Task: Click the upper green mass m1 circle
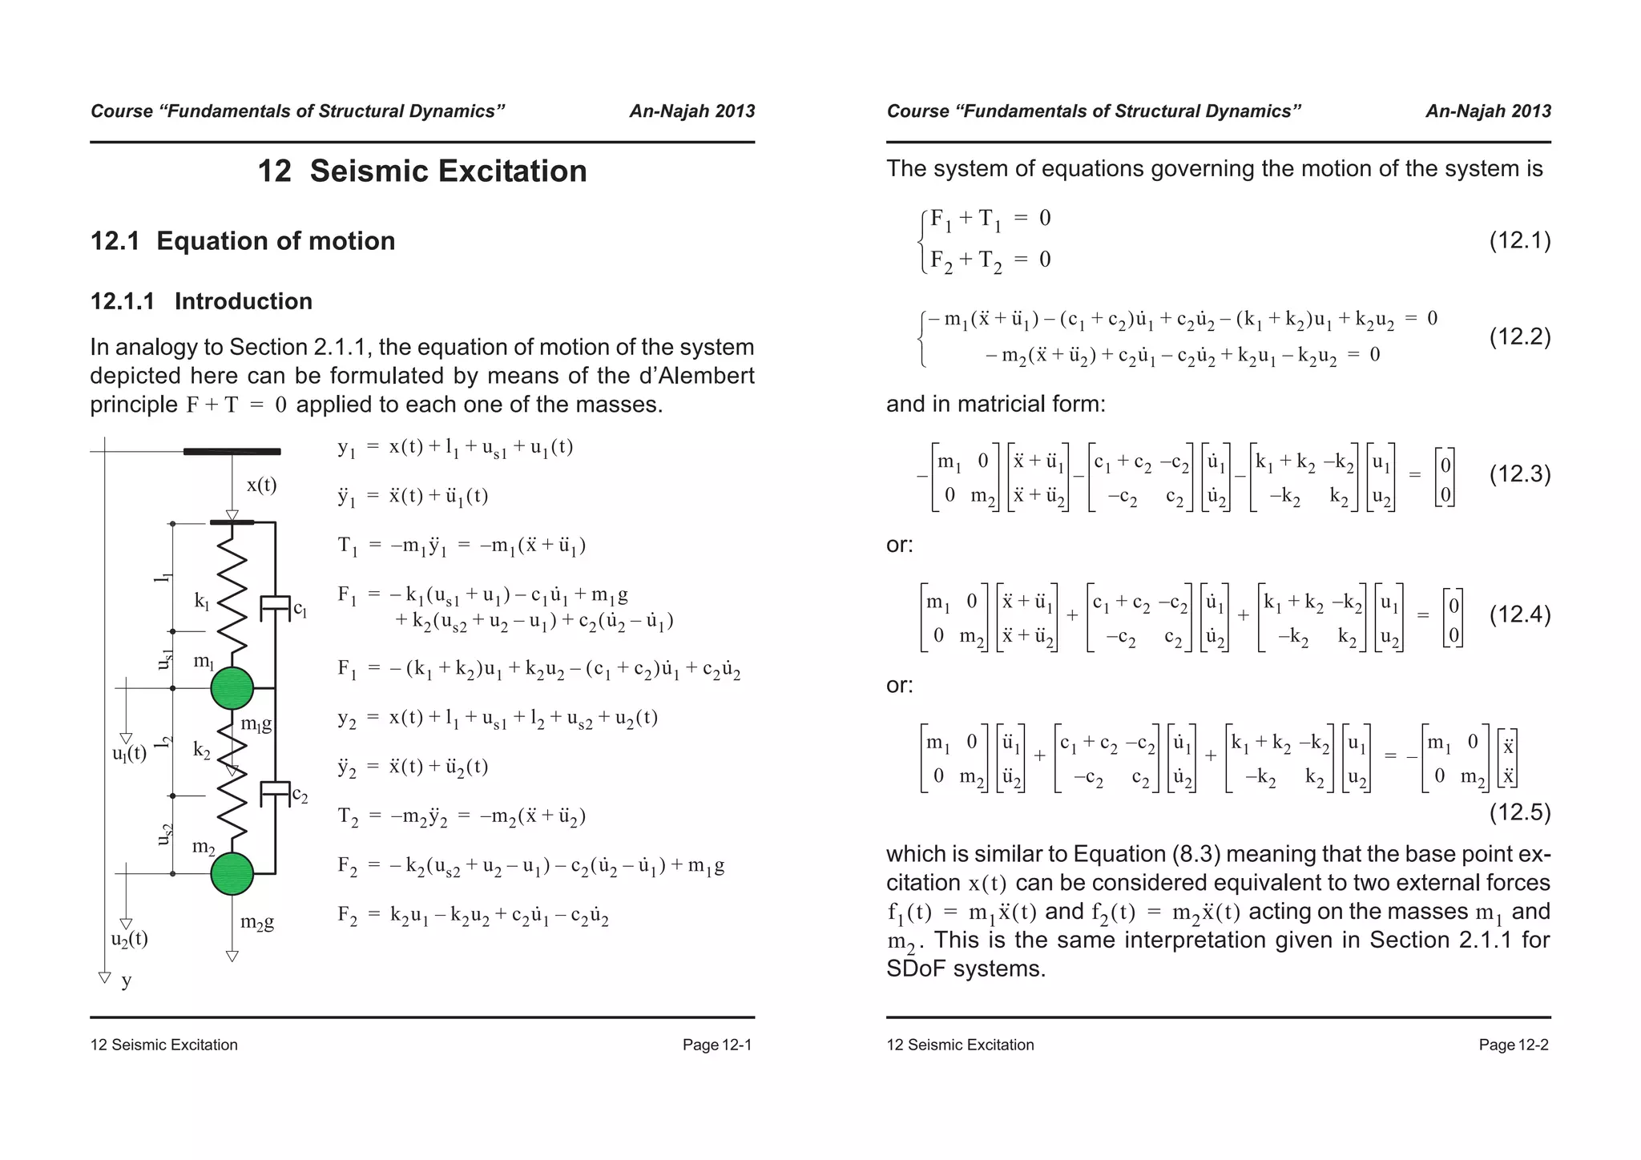[x=232, y=688]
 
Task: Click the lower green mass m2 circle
[x=232, y=873]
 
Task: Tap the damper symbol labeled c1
[x=275, y=607]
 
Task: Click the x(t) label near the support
[x=261, y=485]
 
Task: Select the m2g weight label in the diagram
[x=257, y=922]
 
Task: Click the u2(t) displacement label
[x=129, y=939]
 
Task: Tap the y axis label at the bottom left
[x=127, y=981]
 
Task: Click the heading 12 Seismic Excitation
[x=421, y=171]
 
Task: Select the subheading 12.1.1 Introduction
[x=201, y=301]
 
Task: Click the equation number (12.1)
[x=1519, y=240]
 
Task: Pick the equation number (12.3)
[x=1519, y=474]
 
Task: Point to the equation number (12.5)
[x=1519, y=812]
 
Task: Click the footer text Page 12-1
[x=716, y=1045]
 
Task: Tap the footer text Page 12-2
[x=1513, y=1045]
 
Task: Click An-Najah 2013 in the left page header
[x=691, y=111]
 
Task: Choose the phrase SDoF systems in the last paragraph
[x=966, y=969]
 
